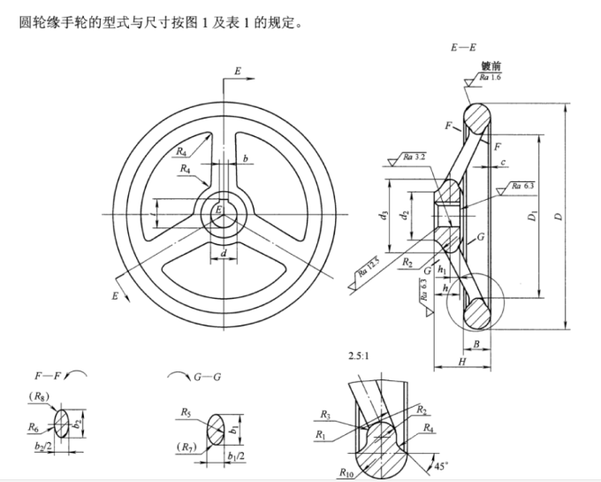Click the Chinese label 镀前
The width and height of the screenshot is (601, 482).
pos(491,66)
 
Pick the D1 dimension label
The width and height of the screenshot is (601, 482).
pos(533,216)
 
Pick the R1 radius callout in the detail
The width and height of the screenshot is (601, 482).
pos(323,434)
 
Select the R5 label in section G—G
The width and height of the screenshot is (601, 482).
pos(186,412)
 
